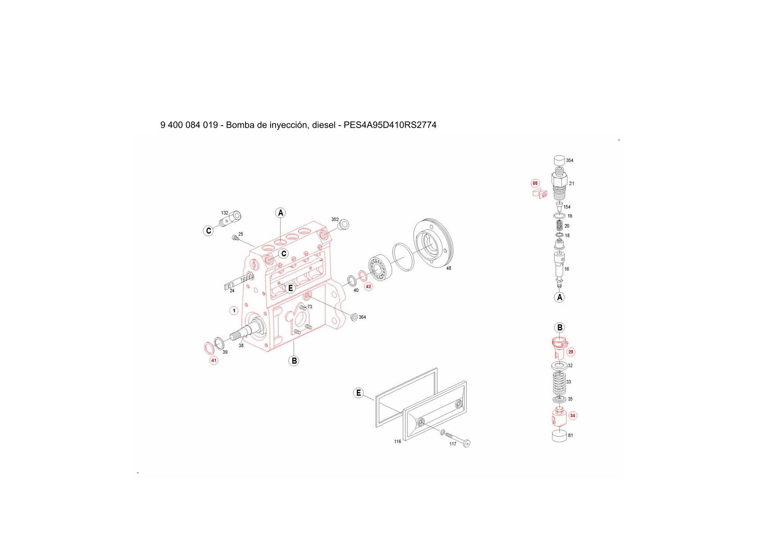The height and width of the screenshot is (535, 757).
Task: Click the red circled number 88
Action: pos(535,183)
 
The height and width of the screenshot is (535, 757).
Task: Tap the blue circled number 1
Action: pos(234,311)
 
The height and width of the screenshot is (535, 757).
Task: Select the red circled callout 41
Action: pos(214,360)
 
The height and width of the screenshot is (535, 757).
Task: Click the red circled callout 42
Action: pos(368,286)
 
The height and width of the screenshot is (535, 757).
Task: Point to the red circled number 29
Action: pos(571,352)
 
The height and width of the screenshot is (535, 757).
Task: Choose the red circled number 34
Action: pos(572,415)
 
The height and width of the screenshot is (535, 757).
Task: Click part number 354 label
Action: pos(570,160)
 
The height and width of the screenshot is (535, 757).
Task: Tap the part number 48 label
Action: pos(448,268)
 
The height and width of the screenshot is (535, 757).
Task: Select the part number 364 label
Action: pos(362,317)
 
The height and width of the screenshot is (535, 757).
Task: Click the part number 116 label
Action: pos(397,441)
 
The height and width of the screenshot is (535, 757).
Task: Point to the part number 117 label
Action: pos(453,444)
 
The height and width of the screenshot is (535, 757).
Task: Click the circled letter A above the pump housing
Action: pos(281,213)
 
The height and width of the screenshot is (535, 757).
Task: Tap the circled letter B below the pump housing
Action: pos(294,361)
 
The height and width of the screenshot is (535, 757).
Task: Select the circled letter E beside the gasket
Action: pos(359,393)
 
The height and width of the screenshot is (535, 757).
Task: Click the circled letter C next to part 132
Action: pos(208,231)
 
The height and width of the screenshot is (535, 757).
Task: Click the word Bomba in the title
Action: pos(240,125)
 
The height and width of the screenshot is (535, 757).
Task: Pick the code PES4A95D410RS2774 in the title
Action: pos(390,125)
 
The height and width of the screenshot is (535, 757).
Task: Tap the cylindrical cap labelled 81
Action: pos(559,436)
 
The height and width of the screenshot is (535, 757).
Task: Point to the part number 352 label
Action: pos(335,220)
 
